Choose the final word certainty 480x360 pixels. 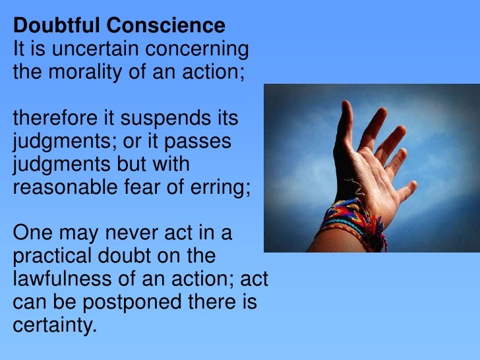[54, 325]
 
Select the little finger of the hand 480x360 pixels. [404, 192]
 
